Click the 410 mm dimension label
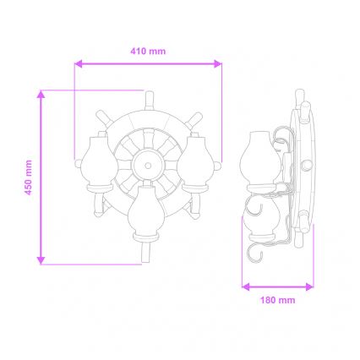click(148, 52)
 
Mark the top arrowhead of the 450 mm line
click(41, 92)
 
